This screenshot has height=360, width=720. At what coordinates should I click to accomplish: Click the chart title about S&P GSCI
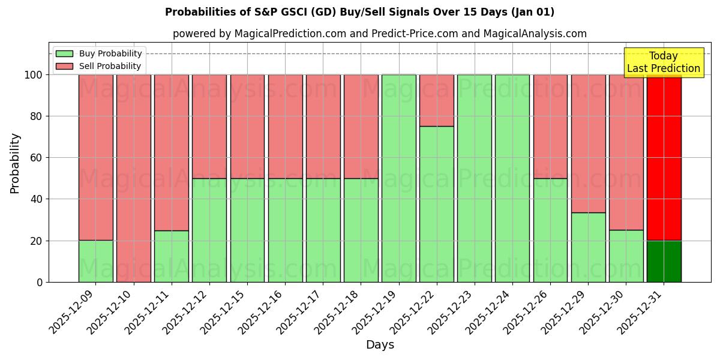click(359, 12)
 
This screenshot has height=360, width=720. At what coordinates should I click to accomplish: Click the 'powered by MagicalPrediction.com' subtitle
click(379, 34)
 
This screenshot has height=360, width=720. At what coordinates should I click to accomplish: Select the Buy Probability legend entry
click(98, 53)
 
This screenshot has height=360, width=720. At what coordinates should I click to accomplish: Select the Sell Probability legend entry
click(98, 66)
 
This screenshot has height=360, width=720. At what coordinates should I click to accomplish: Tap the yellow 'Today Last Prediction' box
click(663, 62)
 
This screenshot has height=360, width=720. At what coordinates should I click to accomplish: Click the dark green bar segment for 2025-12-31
click(664, 262)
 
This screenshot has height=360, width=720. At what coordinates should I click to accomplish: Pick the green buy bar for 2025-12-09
click(96, 262)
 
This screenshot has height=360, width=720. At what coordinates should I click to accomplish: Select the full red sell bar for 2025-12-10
click(134, 178)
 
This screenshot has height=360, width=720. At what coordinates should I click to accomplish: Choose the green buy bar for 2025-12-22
click(436, 204)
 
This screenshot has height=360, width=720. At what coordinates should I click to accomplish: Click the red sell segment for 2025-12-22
click(436, 100)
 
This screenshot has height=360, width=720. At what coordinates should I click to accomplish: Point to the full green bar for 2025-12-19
click(398, 178)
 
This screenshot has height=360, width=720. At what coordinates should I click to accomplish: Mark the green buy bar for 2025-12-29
click(588, 247)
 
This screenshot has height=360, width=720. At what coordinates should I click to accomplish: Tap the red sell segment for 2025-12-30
click(626, 152)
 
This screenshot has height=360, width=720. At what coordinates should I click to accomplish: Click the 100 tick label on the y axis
click(34, 75)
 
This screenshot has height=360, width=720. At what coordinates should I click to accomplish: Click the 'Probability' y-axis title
click(15, 163)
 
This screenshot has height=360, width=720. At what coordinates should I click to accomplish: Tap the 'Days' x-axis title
click(379, 345)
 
